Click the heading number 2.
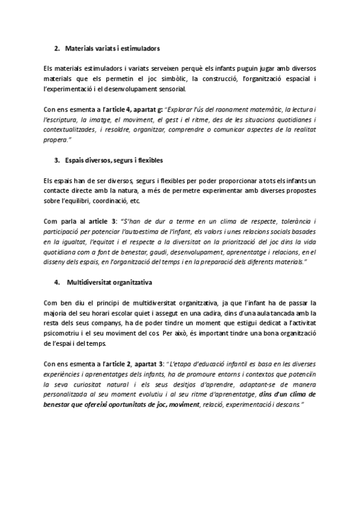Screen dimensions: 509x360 [x=56, y=47]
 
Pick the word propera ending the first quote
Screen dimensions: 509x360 [x=56, y=140]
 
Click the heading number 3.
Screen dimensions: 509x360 [x=56, y=161]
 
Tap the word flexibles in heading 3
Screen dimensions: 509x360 [x=148, y=161]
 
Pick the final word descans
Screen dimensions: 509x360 [x=289, y=405]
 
